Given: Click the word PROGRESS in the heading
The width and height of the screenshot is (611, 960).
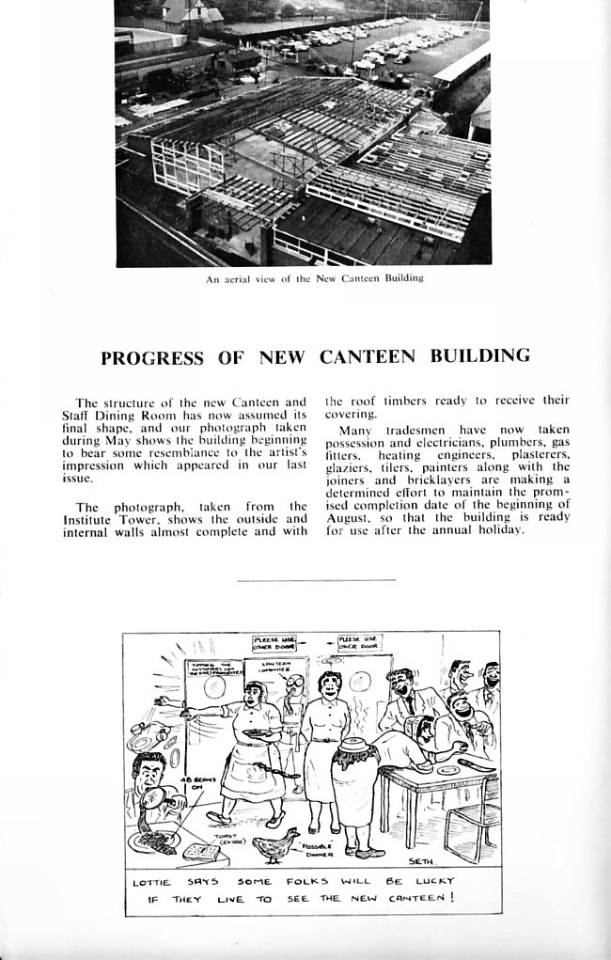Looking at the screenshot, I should pos(151,357).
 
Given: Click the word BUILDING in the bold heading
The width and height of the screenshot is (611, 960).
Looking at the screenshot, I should pos(479,356).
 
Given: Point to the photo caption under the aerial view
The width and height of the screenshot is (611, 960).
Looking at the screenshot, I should pos(315,278).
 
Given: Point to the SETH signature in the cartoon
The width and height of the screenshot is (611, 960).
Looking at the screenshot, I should pos(420,860).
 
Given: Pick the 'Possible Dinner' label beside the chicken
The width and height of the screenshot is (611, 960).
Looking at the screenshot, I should pos(317,850).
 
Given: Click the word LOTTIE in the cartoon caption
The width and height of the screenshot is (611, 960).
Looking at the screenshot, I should pos(151,883).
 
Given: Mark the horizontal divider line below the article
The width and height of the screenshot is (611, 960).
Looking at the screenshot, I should pos(317,581).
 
